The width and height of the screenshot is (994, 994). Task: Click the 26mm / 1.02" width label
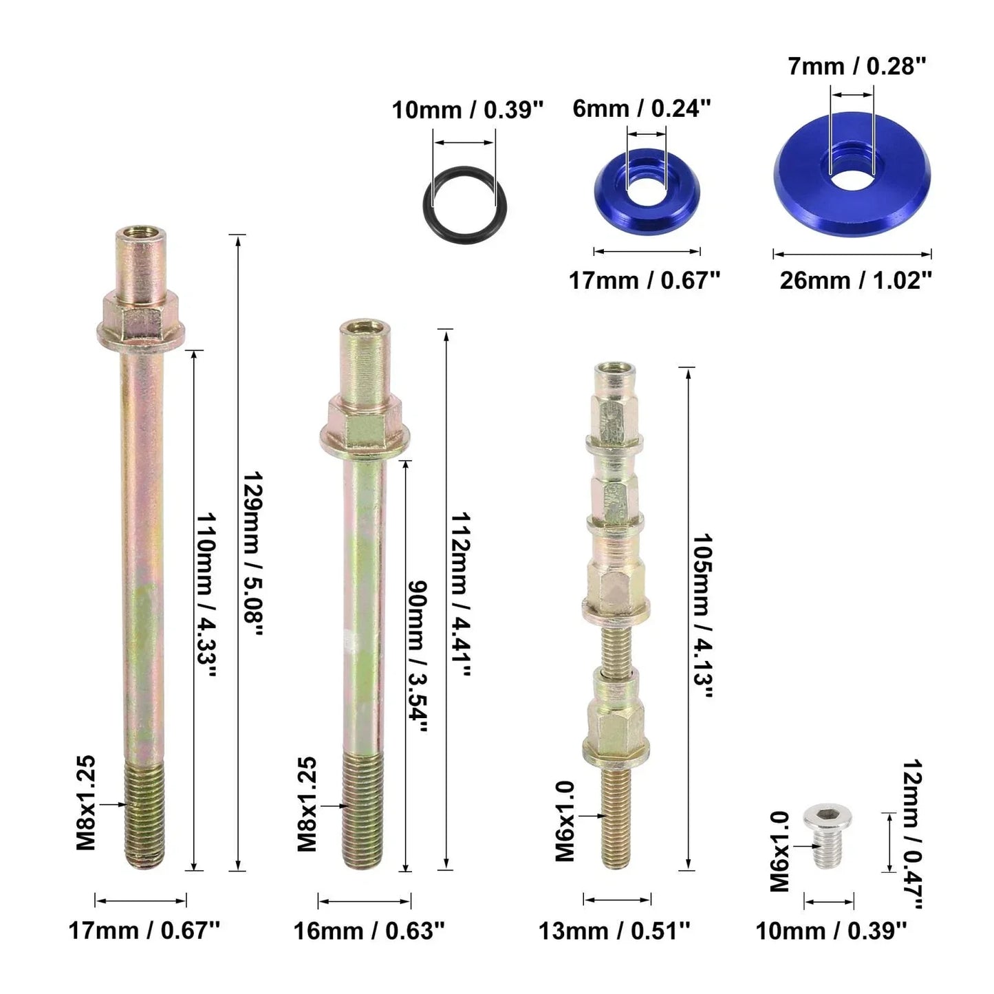coord(856,281)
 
